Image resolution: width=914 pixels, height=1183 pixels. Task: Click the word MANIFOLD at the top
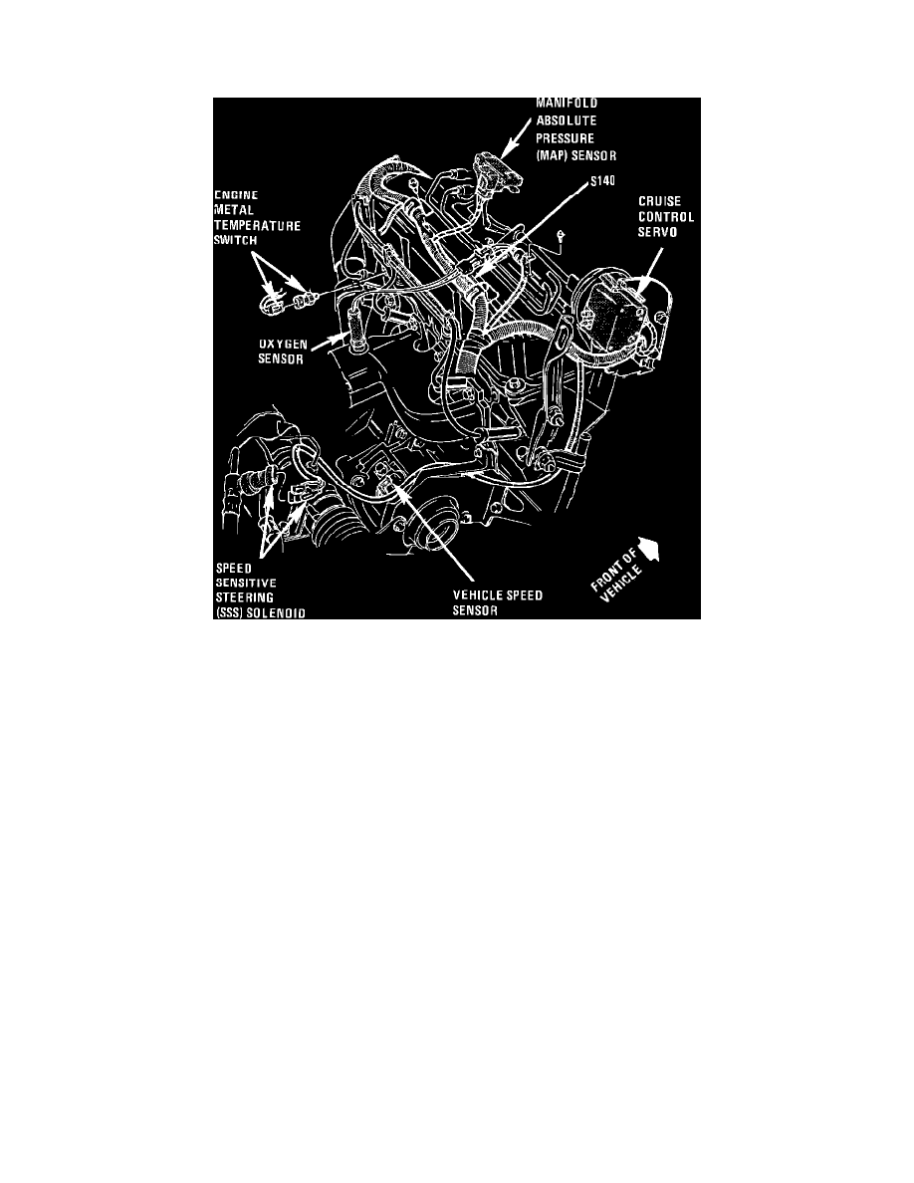568,103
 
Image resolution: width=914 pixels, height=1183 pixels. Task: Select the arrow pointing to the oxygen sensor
329,344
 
